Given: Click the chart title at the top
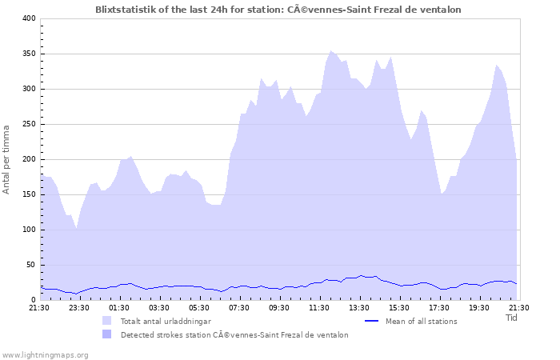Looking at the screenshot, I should point(278,9).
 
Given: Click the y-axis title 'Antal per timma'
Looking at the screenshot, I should point(6,158).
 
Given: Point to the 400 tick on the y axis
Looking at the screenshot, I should point(29,18).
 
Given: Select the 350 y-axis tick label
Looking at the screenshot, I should point(29,54).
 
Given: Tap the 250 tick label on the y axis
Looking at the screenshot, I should point(29,124).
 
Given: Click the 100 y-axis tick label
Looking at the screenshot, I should point(29,230).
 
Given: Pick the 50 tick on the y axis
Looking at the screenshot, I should point(31,265).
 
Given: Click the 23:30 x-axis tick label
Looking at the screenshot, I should point(79,307).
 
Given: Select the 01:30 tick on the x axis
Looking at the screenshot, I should point(119,307).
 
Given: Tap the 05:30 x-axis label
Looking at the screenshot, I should point(199,307).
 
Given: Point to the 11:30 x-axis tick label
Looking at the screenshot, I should point(319,307).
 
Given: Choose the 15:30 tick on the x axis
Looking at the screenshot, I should point(399,307).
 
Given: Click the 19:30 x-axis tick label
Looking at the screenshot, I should point(479,307).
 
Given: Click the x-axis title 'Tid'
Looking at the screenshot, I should point(512,318).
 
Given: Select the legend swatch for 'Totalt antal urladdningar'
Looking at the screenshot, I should point(107,321).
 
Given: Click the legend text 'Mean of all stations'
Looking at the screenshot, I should point(421,321).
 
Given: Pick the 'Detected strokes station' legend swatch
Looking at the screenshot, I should point(107,334).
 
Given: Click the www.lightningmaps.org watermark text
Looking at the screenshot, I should point(45,354).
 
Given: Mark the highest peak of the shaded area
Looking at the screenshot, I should point(331,51).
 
